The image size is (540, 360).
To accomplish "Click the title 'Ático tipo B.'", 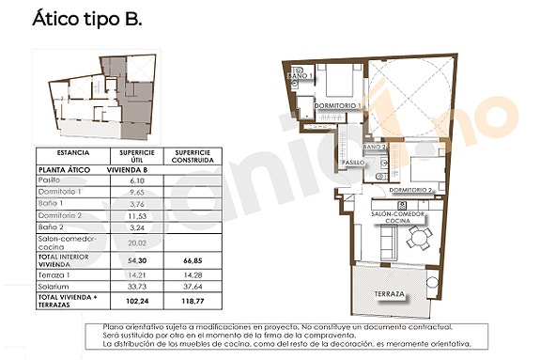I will [87, 19].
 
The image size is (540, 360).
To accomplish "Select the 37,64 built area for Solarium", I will [191, 288].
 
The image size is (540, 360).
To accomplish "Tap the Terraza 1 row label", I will [53, 275].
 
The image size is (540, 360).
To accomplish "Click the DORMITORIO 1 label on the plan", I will [337, 106].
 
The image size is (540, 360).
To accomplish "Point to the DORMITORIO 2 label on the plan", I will [410, 190].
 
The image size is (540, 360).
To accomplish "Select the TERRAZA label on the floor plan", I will [389, 295].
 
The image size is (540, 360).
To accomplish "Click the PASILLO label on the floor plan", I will [353, 163].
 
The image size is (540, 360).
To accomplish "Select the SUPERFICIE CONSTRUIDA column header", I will [191, 155].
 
